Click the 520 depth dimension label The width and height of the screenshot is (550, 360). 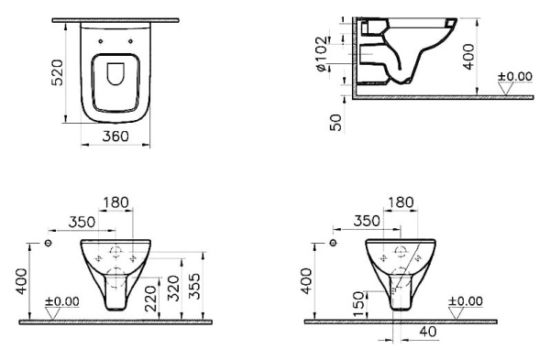pos(57,70)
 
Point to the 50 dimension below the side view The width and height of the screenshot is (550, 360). pos(336,121)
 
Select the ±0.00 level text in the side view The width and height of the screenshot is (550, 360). pos(514,76)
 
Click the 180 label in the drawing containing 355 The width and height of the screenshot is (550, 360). pos(115,202)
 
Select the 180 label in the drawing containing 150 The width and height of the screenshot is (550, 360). pos(400,202)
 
